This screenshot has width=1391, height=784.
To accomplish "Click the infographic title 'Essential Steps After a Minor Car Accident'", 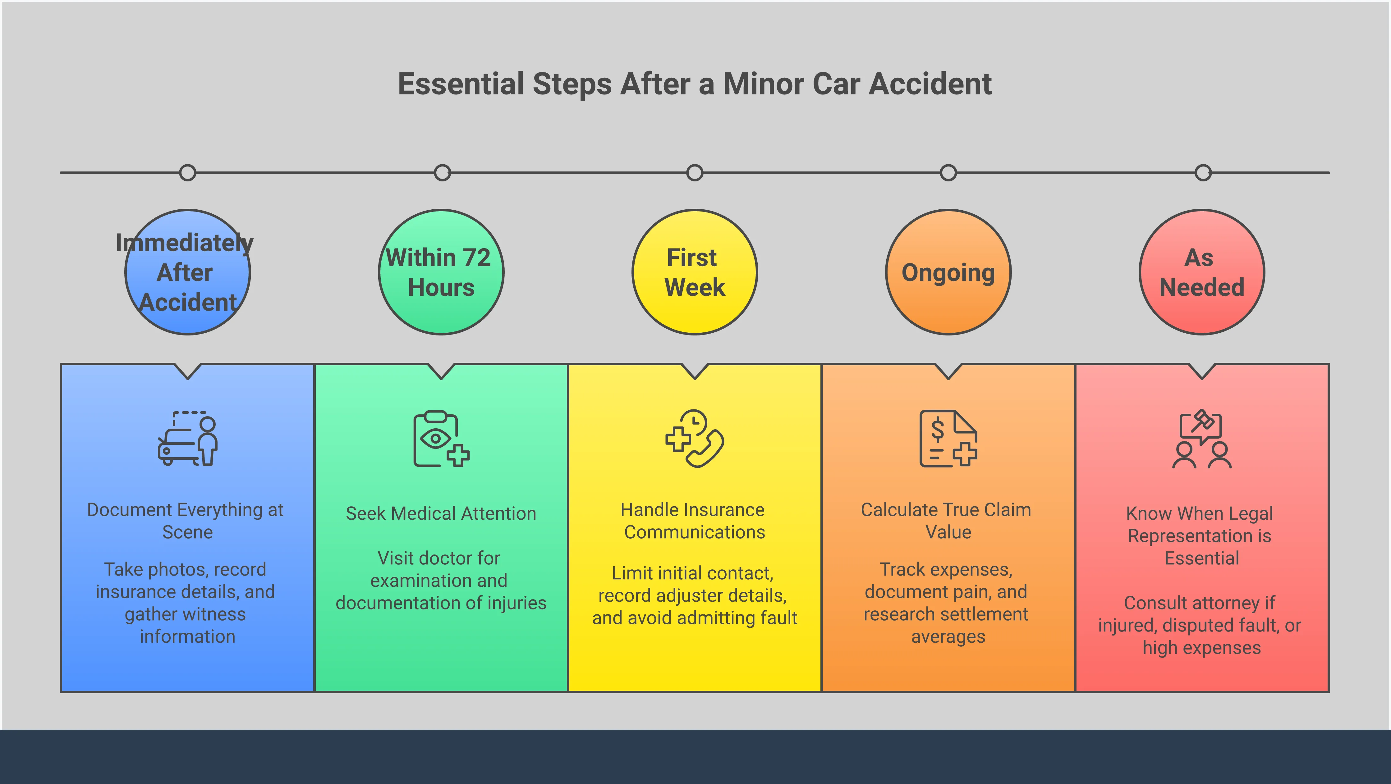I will pos(695,84).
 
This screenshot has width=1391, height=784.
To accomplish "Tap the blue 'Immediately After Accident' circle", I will pos(187,272).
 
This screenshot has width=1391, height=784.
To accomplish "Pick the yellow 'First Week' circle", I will pos(695,272).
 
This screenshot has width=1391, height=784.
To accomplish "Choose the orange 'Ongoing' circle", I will pos(948,272).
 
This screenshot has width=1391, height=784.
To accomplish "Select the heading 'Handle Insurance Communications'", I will pos(693,521).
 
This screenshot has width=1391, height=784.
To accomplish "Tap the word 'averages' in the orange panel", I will pos(948,637).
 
